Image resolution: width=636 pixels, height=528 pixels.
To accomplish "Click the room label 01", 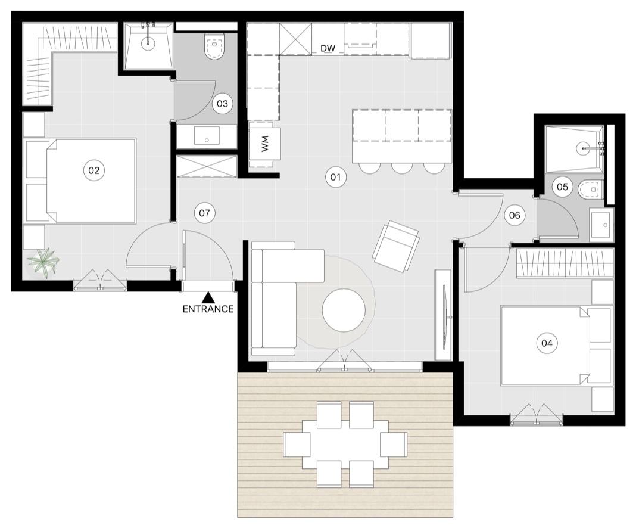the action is pyautogui.click(x=335, y=177).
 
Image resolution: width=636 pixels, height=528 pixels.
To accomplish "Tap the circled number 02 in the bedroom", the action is pyautogui.click(x=93, y=170).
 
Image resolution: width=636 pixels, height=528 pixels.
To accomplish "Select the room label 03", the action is pyautogui.click(x=222, y=104).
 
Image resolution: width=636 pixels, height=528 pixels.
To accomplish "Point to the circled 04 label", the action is pyautogui.click(x=547, y=343).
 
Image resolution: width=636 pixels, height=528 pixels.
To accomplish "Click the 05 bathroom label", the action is pyautogui.click(x=562, y=187).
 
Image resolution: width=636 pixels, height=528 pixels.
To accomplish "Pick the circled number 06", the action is pyautogui.click(x=515, y=215).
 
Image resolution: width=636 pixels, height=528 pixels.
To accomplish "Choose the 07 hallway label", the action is pyautogui.click(x=204, y=213).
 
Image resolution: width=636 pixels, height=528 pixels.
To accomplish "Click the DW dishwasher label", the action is pyautogui.click(x=328, y=49).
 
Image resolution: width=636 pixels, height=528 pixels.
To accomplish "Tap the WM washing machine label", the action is pyautogui.click(x=265, y=144).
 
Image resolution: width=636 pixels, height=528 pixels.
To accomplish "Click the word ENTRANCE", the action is pyautogui.click(x=208, y=309).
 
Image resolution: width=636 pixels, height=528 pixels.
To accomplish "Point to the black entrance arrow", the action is pyautogui.click(x=208, y=297).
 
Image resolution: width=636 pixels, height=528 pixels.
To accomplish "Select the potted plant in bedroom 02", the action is pyautogui.click(x=43, y=263).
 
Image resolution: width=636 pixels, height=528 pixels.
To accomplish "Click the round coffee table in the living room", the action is pyautogui.click(x=344, y=310).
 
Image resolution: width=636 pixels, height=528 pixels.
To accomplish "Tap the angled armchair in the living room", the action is pyautogui.click(x=395, y=246).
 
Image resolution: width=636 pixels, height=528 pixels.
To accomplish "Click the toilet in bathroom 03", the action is pyautogui.click(x=214, y=46).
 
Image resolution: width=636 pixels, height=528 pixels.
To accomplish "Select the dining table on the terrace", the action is pyautogui.click(x=345, y=445).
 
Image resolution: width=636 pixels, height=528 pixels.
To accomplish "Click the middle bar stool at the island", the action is pyautogui.click(x=402, y=167).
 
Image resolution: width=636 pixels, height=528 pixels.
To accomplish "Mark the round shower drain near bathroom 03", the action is pyautogui.click(x=148, y=41).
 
